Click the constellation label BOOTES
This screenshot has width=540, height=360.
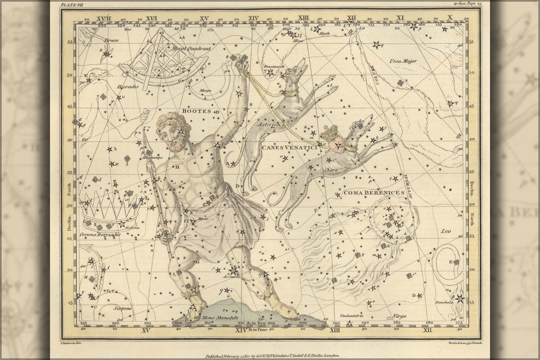[x=196, y=111]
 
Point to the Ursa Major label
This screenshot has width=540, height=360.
[x=403, y=61]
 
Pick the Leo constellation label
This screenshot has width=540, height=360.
[x=446, y=231]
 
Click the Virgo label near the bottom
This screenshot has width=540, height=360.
[x=400, y=316]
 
